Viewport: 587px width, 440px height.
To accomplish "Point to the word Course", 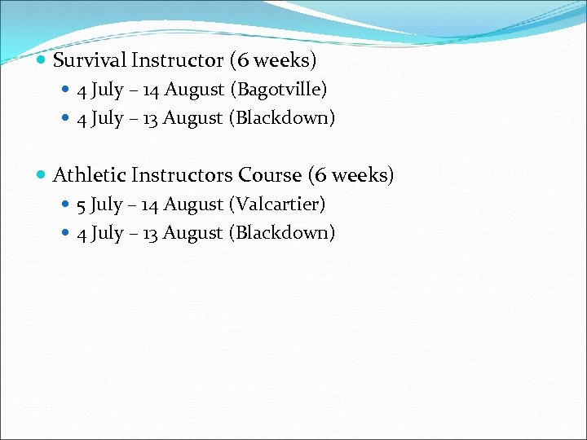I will (270, 175).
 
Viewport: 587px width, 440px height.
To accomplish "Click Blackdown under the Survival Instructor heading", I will (282, 118).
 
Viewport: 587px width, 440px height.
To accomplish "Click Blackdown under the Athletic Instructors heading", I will (282, 233).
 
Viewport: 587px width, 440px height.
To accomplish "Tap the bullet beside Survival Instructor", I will (42, 61).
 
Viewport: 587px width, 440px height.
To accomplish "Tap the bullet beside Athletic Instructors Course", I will (42, 176).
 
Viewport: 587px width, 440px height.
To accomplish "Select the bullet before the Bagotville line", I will (67, 90).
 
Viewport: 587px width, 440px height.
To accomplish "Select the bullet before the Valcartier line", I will (67, 205).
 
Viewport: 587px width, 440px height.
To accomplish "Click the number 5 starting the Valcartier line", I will (82, 205).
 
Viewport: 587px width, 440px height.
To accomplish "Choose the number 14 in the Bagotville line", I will (150, 89).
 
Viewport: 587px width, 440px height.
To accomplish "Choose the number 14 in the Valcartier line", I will (150, 204).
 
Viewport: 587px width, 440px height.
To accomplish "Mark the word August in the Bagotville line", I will (194, 90).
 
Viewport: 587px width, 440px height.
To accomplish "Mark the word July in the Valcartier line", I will (106, 205).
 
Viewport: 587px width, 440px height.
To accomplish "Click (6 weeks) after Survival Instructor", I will (273, 60).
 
